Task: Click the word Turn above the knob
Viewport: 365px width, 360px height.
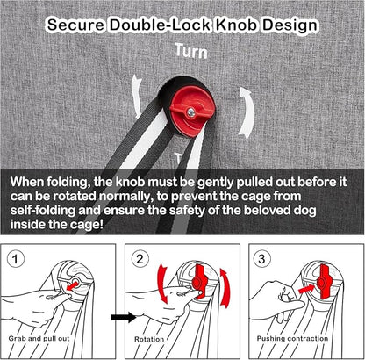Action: pyautogui.click(x=191, y=51)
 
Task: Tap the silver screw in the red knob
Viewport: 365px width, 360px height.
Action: pyautogui.click(x=191, y=112)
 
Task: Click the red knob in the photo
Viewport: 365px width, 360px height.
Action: pyautogui.click(x=192, y=112)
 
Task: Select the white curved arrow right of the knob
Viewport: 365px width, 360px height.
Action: pyautogui.click(x=247, y=112)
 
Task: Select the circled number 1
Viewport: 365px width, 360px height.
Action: pyautogui.click(x=15, y=259)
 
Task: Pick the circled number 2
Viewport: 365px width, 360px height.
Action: pyautogui.click(x=140, y=259)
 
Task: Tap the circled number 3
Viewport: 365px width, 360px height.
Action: pyautogui.click(x=261, y=259)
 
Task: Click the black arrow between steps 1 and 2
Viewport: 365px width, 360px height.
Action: pyautogui.click(x=124, y=317)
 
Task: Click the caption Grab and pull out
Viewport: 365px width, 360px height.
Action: pyautogui.click(x=39, y=339)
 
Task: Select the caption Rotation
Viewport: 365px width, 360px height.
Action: pyautogui.click(x=149, y=339)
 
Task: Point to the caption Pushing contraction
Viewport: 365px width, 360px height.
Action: pyautogui.click(x=292, y=339)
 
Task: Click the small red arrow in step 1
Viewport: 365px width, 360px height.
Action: pyautogui.click(x=72, y=285)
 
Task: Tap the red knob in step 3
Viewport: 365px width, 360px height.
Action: pyautogui.click(x=324, y=282)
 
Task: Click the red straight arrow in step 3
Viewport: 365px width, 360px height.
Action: pyautogui.click(x=306, y=289)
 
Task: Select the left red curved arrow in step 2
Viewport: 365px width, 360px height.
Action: pyautogui.click(x=161, y=283)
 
